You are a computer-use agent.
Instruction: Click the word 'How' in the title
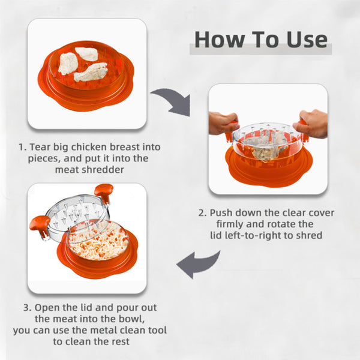(219, 40)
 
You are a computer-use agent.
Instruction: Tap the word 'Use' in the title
(307, 40)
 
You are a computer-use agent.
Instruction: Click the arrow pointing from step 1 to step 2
(173, 101)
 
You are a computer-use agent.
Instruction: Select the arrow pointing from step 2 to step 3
(198, 264)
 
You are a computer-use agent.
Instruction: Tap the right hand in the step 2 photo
(312, 124)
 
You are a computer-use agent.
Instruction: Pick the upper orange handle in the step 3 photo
(104, 191)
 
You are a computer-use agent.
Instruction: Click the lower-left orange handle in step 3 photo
(40, 225)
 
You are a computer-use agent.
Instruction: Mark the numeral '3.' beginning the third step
(28, 308)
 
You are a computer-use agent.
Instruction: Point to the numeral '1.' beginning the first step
(23, 147)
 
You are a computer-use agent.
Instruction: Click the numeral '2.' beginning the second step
(203, 213)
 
